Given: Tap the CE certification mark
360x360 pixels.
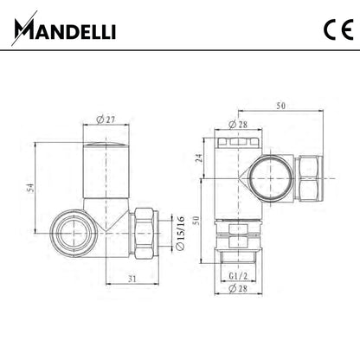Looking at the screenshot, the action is tap(338, 30).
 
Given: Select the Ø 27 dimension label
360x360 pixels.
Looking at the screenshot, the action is tap(106, 119).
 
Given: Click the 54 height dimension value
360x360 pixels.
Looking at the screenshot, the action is tap(30, 188).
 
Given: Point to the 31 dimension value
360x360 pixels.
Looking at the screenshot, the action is tap(132, 279).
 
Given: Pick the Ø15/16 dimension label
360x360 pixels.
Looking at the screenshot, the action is tap(180, 233).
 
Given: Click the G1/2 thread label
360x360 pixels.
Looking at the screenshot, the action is tap(238, 276).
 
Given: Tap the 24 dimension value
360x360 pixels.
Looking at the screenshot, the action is tap(199, 157).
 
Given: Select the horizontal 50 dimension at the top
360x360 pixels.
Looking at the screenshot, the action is tap(280, 106).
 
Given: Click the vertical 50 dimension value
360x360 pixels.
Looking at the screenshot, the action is tap(196, 221).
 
